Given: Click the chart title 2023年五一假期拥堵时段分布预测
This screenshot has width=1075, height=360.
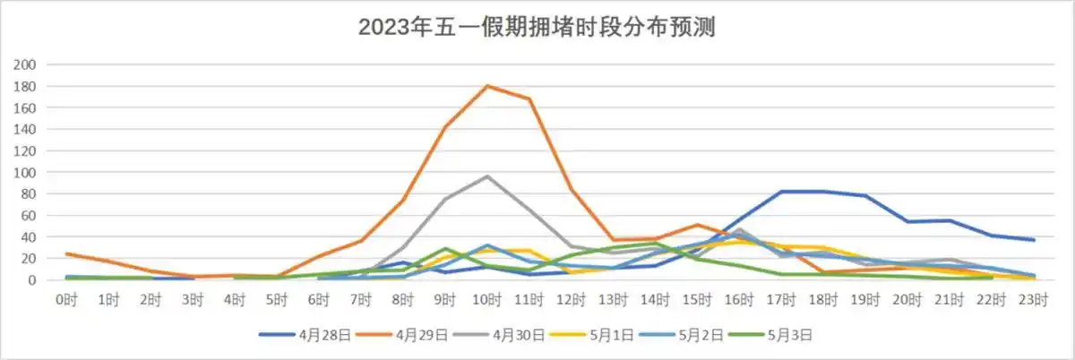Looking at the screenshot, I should [x=537, y=27].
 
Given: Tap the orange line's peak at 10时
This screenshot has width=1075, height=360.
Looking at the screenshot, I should [x=486, y=86].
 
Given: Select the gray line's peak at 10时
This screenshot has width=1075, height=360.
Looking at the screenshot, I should [x=486, y=176].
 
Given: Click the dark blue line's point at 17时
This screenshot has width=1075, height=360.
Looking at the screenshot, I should [x=781, y=192].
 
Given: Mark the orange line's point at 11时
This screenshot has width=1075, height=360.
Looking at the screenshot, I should [x=529, y=99].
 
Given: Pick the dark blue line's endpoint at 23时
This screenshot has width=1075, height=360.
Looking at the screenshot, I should [x=1034, y=240].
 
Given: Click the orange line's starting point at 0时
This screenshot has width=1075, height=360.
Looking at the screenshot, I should [x=66, y=253].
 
